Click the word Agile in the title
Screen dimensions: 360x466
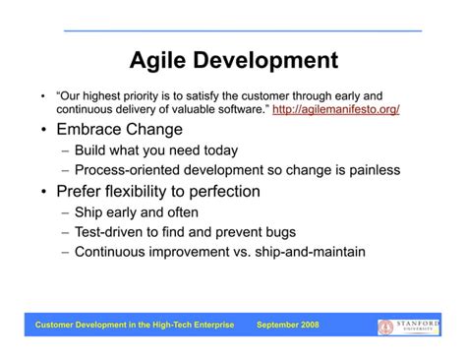pyautogui.click(x=160, y=61)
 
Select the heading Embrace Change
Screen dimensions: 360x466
pyautogui.click(x=119, y=130)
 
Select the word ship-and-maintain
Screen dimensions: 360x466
pyautogui.click(x=307, y=252)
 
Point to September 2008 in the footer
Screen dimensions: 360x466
pyautogui.click(x=288, y=325)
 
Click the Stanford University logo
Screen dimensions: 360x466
pyautogui.click(x=409, y=325)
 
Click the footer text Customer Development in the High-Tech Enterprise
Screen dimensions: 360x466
pyautogui.click(x=135, y=325)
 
